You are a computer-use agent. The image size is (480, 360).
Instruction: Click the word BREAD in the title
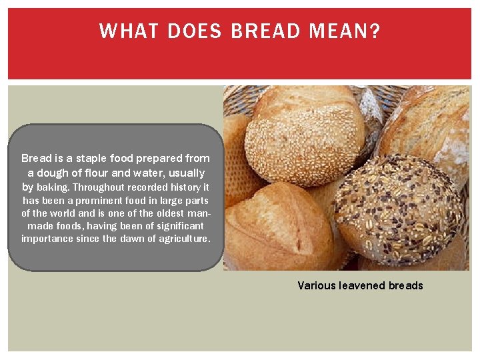tap(263, 31)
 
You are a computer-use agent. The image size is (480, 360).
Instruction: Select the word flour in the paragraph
tap(103, 173)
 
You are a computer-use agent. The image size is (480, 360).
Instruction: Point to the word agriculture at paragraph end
tap(182, 239)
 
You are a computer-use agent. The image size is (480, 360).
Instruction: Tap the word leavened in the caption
tap(363, 285)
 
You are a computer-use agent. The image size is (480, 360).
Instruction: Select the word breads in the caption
tap(406, 285)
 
